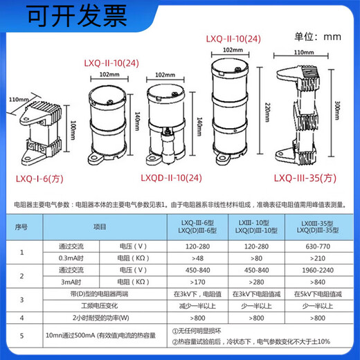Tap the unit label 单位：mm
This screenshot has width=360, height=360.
318,35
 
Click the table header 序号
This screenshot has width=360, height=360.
21,226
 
